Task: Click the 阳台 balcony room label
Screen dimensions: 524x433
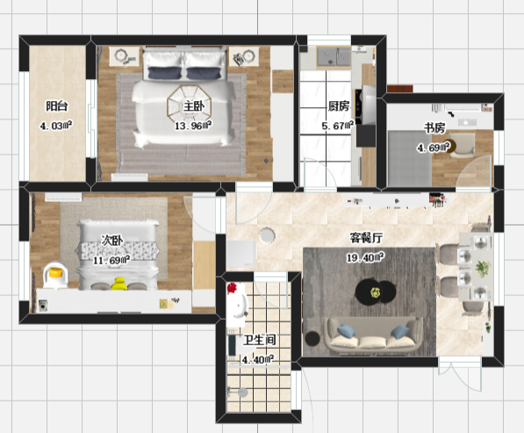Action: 56,106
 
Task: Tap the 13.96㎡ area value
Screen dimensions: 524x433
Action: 193,126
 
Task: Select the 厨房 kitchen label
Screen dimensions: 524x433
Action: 339,106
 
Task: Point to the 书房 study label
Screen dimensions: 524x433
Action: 434,127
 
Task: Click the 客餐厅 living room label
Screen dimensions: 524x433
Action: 366,238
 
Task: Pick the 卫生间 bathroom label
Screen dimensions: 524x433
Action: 260,340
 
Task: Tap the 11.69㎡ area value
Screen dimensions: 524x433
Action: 111,260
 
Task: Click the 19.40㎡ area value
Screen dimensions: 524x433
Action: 365,257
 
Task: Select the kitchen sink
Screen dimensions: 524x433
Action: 334,56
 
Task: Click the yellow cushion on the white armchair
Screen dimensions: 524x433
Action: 55,273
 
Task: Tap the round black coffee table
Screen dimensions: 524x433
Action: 376,292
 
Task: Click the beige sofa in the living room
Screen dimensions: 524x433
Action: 373,336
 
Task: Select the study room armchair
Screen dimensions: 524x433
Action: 462,145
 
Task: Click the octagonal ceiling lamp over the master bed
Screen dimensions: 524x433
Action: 186,105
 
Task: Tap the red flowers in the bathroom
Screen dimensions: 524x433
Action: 232,288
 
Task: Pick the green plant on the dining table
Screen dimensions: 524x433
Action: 483,268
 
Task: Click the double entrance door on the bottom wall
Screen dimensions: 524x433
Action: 460,372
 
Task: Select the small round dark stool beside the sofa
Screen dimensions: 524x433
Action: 312,338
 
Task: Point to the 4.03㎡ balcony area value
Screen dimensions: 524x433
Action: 56,126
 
